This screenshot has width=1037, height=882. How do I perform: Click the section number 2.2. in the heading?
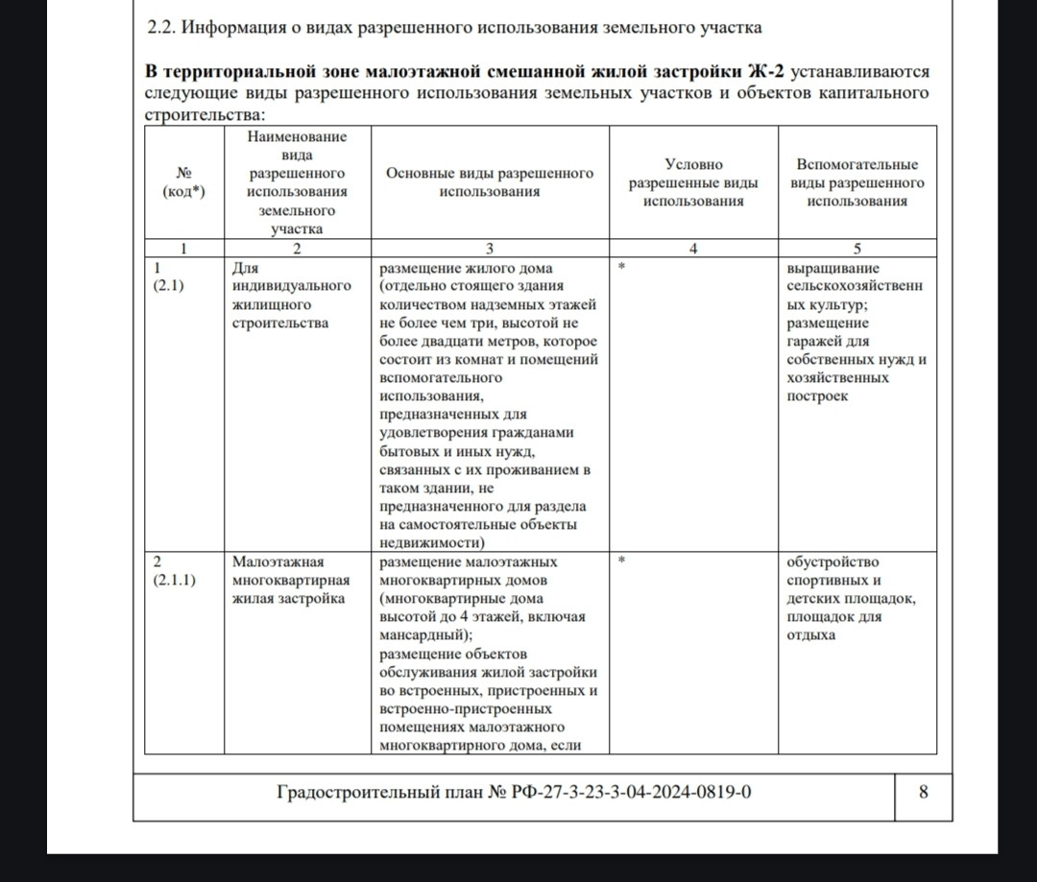[160, 29]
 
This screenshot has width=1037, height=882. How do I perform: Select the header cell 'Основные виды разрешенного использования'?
[489, 182]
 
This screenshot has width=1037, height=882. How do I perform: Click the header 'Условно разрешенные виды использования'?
[693, 182]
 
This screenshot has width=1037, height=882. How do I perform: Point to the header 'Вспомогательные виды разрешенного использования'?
[856, 182]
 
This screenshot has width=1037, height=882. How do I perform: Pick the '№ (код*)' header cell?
[183, 182]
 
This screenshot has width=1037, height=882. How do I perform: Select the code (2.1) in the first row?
[171, 286]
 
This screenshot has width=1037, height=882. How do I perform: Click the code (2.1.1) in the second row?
[177, 580]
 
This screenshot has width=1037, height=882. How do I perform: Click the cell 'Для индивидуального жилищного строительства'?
[292, 295]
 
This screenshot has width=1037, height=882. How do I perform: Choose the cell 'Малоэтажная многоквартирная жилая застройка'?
[291, 580]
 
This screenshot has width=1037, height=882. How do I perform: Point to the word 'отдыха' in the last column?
[810, 634]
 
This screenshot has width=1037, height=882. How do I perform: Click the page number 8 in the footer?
[923, 792]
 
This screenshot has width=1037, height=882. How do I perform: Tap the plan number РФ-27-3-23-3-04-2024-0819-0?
[622, 792]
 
